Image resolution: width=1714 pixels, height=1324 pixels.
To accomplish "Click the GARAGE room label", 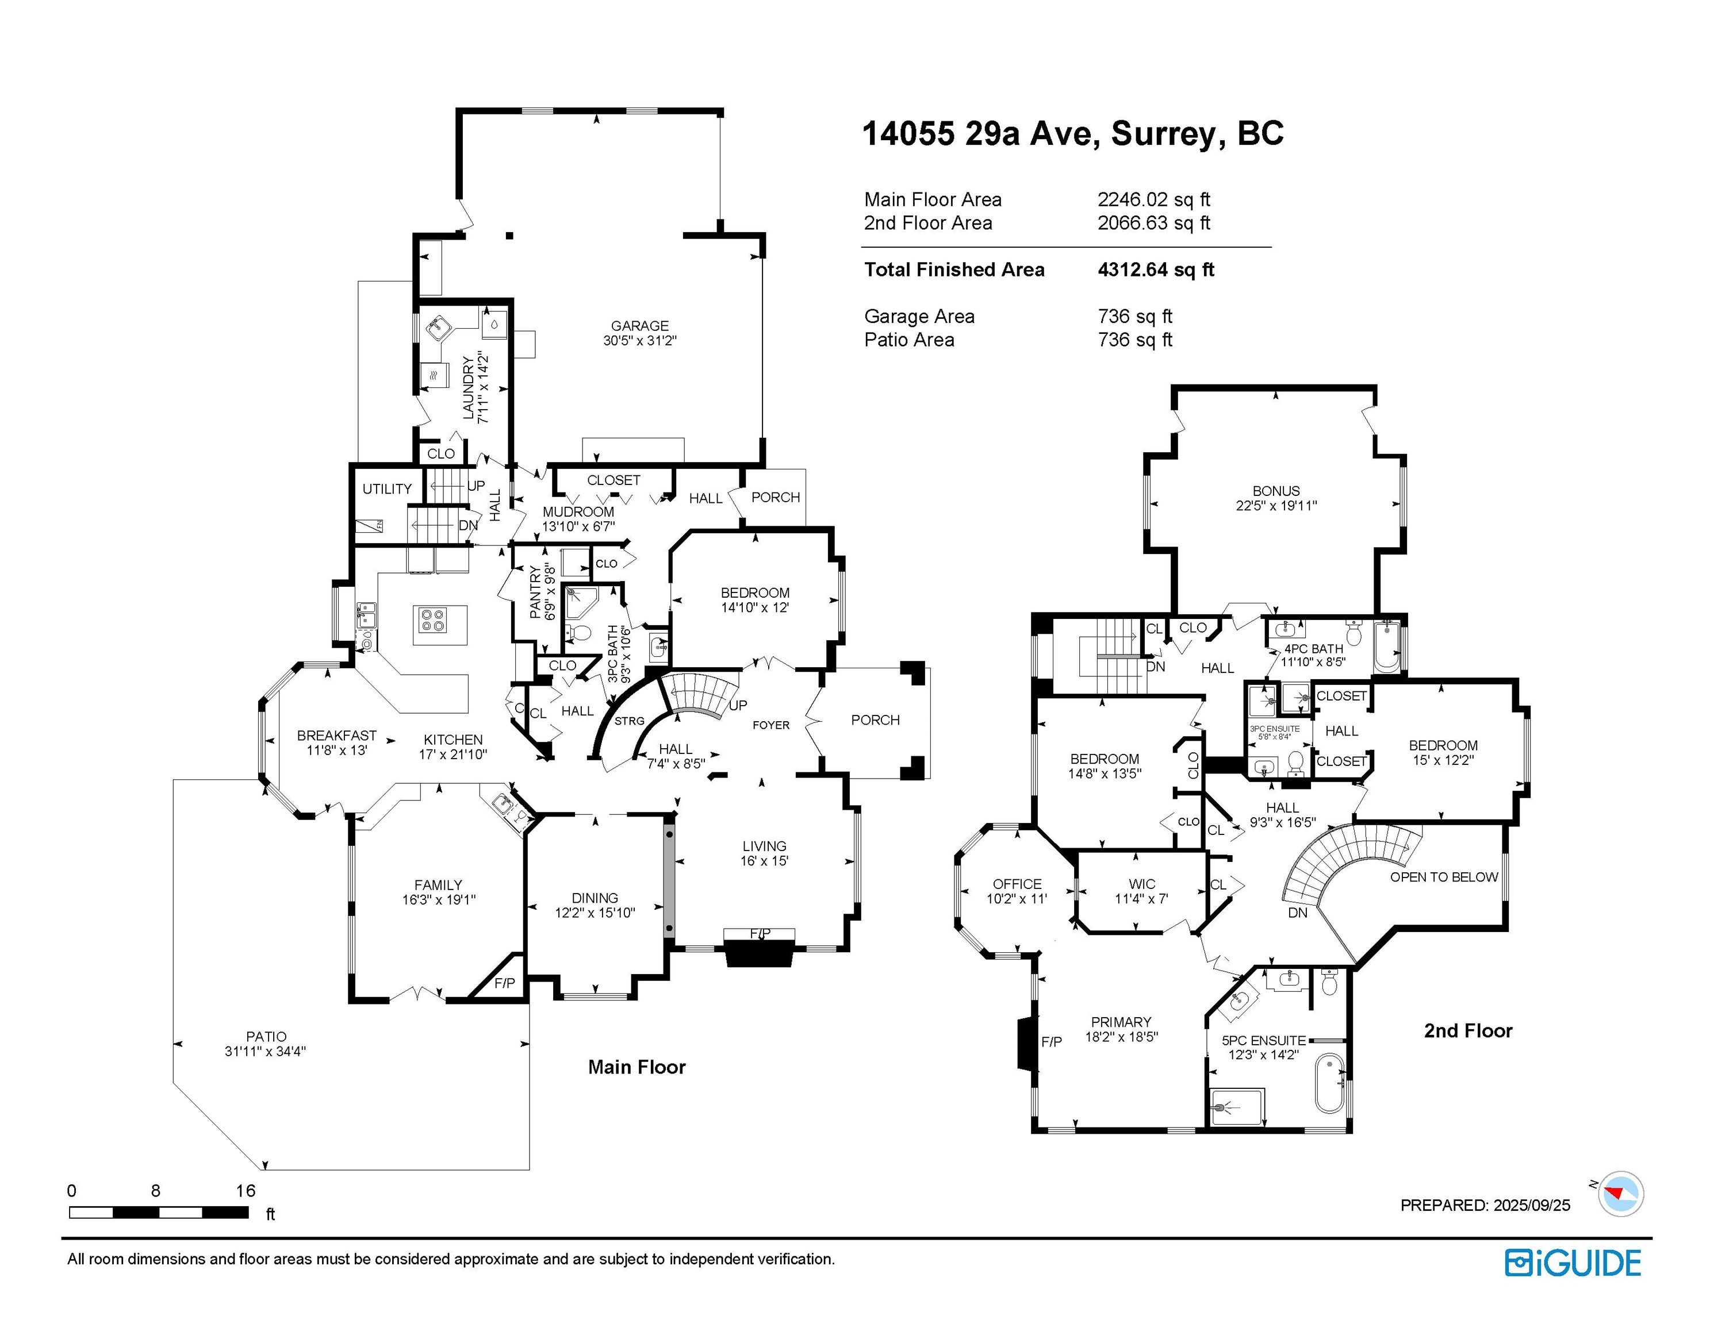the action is (639, 325).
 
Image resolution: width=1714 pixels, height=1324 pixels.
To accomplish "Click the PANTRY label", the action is (535, 592).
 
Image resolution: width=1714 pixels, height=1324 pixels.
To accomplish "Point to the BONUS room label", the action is (1276, 491).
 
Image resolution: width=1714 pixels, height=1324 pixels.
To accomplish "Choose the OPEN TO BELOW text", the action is (1444, 877).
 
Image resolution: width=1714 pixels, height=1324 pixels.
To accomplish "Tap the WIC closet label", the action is (1142, 884).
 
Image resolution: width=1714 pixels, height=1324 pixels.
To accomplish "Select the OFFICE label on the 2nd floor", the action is (1017, 884).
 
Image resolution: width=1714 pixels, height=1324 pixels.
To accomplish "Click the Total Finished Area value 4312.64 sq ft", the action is (1156, 270).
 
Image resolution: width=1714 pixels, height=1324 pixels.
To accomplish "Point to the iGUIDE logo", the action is (1573, 1264).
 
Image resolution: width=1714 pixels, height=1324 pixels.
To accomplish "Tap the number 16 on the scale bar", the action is (246, 1191).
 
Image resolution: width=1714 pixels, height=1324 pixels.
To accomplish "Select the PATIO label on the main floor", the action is (266, 1037).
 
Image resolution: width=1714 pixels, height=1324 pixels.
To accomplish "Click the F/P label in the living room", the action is (760, 933).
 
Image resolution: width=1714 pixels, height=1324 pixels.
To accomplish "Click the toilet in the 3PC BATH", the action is (579, 632).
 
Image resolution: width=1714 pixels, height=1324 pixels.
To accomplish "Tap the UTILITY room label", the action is (387, 488).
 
